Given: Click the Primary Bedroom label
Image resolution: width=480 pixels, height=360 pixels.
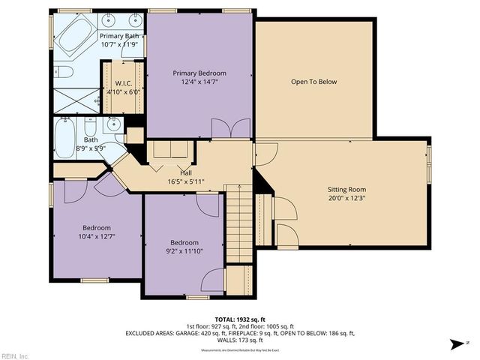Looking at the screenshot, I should click(199, 73).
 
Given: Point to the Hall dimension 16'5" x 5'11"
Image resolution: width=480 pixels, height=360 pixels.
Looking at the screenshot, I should click(181, 181).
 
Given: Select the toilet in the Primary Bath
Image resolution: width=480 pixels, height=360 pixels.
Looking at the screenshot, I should click(63, 73).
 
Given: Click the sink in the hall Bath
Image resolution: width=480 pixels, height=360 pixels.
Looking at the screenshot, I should click(112, 126).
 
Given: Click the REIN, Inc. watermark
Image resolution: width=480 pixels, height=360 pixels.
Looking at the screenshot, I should click(15, 355).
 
